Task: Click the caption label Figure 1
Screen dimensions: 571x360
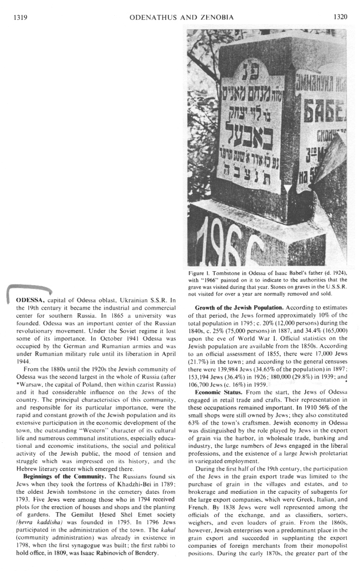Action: point(199,273)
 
